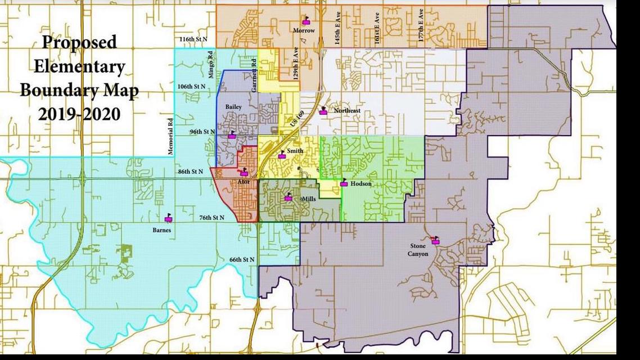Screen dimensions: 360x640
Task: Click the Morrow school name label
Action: click(303, 30)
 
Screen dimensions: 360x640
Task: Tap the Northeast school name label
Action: click(346, 111)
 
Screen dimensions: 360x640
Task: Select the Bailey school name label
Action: click(233, 106)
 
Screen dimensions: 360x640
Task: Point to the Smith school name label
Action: click(295, 151)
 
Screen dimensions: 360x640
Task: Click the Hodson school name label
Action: click(360, 183)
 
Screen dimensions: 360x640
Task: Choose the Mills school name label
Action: click(309, 199)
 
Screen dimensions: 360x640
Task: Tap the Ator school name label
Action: click(244, 182)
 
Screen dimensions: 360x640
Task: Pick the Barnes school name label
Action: click(162, 230)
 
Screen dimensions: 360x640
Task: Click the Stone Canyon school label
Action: click(418, 250)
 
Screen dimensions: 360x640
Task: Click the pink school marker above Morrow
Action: click(306, 22)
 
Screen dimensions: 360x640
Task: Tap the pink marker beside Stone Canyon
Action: click(435, 241)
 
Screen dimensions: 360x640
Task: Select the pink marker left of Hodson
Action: click(344, 183)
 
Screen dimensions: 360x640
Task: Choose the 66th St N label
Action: click(242, 259)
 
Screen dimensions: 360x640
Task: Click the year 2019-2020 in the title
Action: click(79, 114)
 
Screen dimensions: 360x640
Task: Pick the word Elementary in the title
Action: click(79, 66)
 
